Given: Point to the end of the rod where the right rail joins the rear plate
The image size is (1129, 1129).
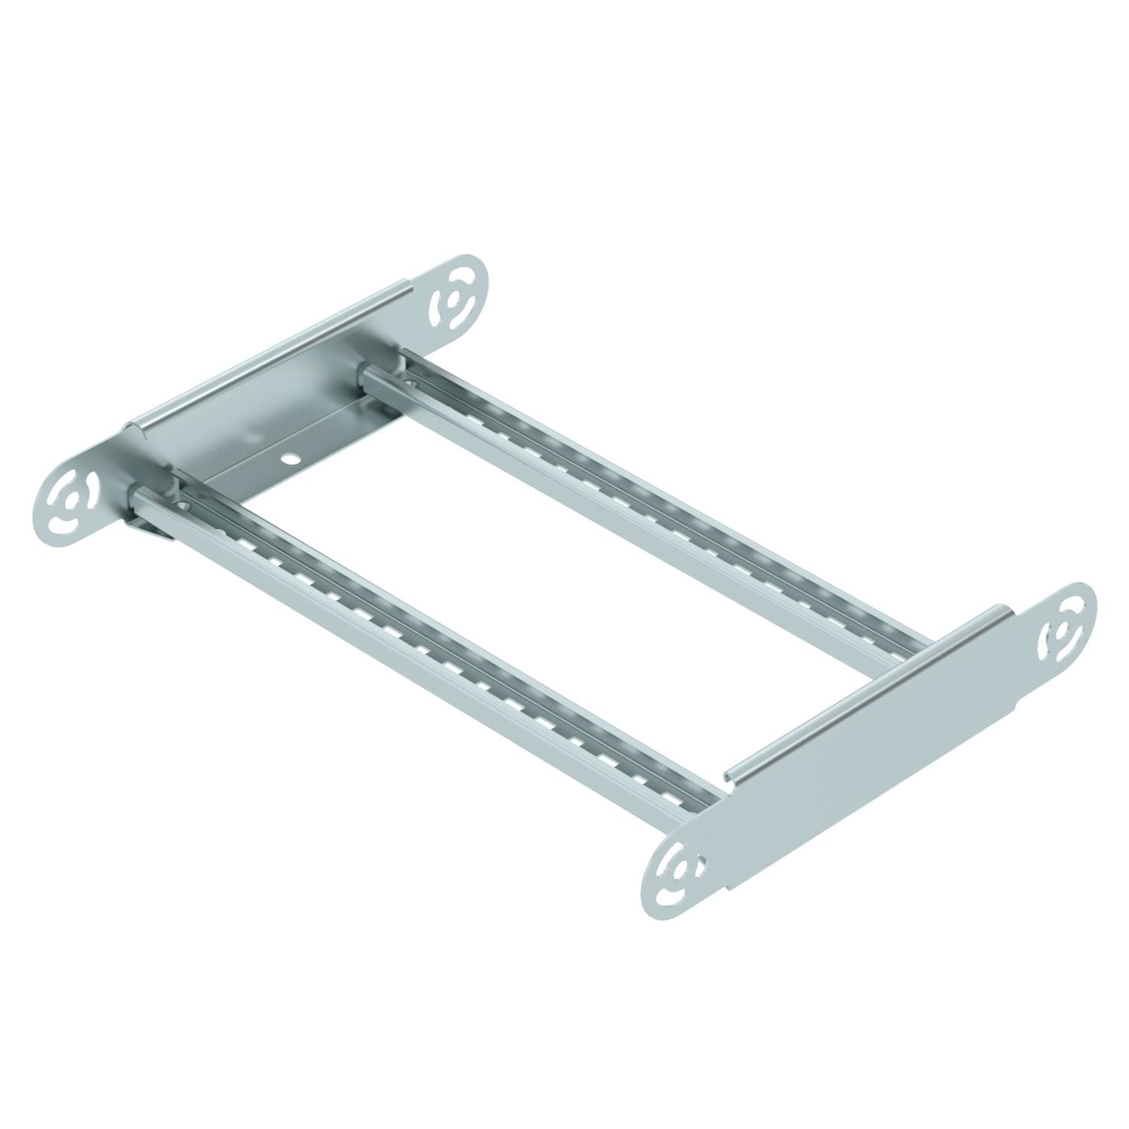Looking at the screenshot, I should click(367, 374).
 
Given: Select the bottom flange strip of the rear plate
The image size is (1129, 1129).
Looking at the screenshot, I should click(316, 444).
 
